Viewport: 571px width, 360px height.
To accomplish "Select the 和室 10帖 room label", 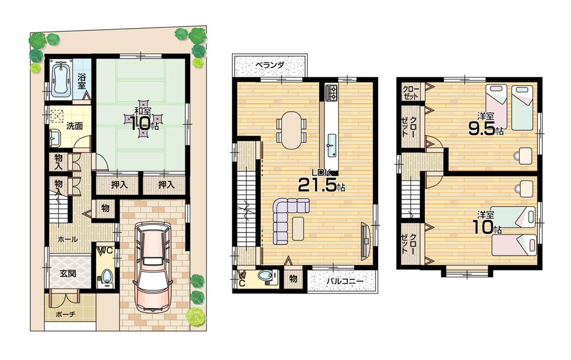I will pos(142,118).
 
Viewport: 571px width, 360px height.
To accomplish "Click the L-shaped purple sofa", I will pos(286,217).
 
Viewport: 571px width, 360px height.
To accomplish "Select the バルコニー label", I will pos(341,281).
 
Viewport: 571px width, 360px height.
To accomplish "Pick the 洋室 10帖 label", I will pos(485,223).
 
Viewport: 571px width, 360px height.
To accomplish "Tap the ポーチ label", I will pos(65,314).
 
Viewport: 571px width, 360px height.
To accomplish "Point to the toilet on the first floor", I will pos(105,278).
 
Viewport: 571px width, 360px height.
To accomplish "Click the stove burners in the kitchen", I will pos(332,92).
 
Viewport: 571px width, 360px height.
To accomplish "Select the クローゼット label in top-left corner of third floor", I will pos(411,91).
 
